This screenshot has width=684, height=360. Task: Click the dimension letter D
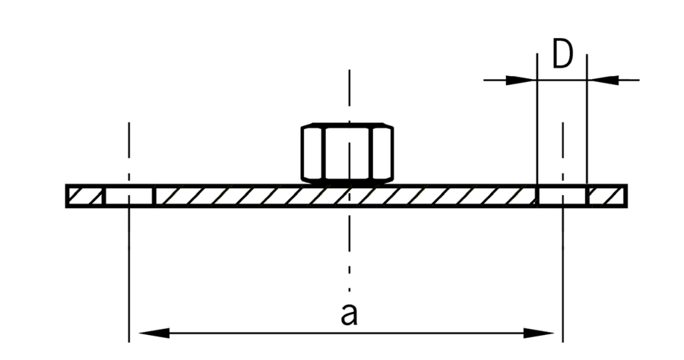coord(562,54)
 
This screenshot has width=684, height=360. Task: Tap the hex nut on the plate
coord(347,152)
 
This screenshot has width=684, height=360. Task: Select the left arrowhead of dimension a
coord(154,333)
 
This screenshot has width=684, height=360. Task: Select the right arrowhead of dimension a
coord(538,333)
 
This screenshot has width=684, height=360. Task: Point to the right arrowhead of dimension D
coord(603,81)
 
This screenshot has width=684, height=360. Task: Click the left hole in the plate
coord(129,196)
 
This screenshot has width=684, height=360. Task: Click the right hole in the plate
coord(562,196)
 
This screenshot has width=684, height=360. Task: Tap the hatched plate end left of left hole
coord(85,196)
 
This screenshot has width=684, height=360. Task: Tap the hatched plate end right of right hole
coord(606,196)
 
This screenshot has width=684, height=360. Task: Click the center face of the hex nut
coord(348,153)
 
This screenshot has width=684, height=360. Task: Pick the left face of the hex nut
coord(312,153)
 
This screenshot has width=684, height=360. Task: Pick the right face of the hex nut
coord(382,153)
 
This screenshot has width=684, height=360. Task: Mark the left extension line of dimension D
coord(537,119)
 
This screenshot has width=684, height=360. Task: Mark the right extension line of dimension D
coord(587,119)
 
